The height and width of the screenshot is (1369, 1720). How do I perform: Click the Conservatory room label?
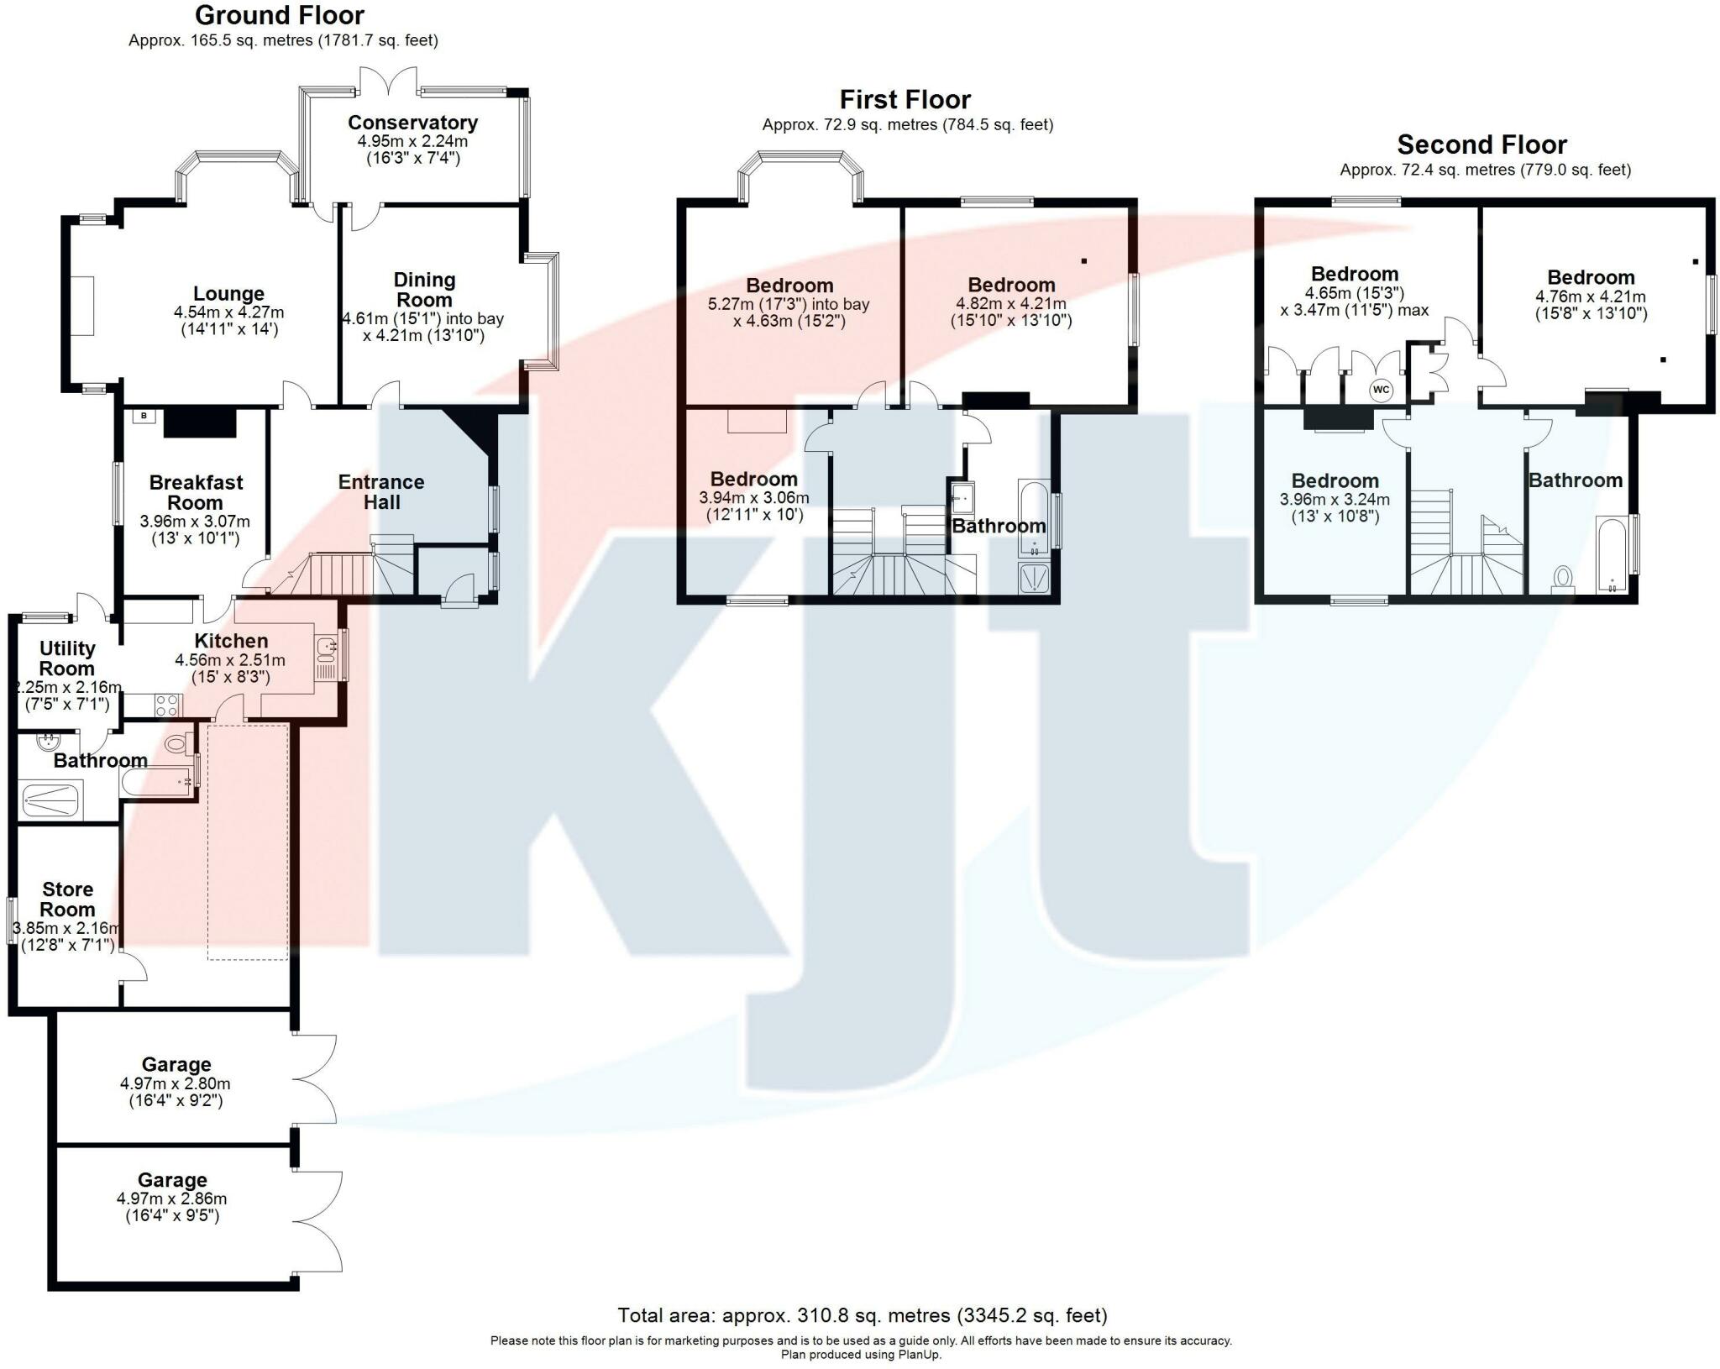point(412,123)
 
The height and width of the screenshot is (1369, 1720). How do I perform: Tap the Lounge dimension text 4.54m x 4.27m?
point(228,312)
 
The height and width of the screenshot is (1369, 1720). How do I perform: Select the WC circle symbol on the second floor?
point(1381,390)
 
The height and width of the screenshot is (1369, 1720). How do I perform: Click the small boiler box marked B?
point(144,416)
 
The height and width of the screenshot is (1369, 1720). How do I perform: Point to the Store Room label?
point(67,899)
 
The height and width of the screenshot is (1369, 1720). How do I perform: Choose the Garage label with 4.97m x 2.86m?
point(172,1180)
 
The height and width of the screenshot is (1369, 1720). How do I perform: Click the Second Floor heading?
point(1481,144)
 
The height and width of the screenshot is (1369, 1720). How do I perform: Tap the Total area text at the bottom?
point(862,1314)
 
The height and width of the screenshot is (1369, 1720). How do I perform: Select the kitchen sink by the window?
point(326,647)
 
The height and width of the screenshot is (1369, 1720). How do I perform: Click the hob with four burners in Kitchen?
point(166,705)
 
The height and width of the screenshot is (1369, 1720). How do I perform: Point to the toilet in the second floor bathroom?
point(1563,578)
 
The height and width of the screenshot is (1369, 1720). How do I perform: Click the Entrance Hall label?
point(381,492)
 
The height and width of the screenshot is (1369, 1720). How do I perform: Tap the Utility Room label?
point(67,658)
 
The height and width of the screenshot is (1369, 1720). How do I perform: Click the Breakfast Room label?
point(195,492)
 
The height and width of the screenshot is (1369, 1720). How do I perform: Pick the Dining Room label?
point(424,290)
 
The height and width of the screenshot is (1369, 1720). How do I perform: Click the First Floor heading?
point(905,100)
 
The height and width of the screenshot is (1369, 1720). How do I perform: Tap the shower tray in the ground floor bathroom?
point(50,800)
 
